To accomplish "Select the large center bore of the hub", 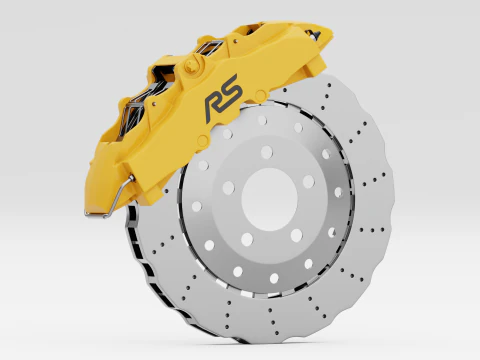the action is tap(269, 199).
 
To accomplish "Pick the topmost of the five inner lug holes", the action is tap(267, 152).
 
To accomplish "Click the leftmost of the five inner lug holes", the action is tap(229, 188).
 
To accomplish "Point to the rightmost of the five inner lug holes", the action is tap(309, 181).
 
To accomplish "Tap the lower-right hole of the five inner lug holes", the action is tap(296, 235).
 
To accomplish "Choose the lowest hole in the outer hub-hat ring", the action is tap(274, 278).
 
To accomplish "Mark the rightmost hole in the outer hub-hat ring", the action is tap(338, 192).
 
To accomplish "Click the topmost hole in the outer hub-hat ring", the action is tap(262, 120).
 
